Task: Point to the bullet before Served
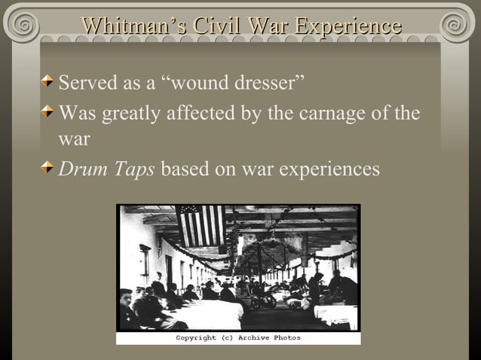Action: (49, 80)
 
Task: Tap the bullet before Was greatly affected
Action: (49, 113)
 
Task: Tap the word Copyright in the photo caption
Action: (198, 338)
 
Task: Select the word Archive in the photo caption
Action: (254, 338)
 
